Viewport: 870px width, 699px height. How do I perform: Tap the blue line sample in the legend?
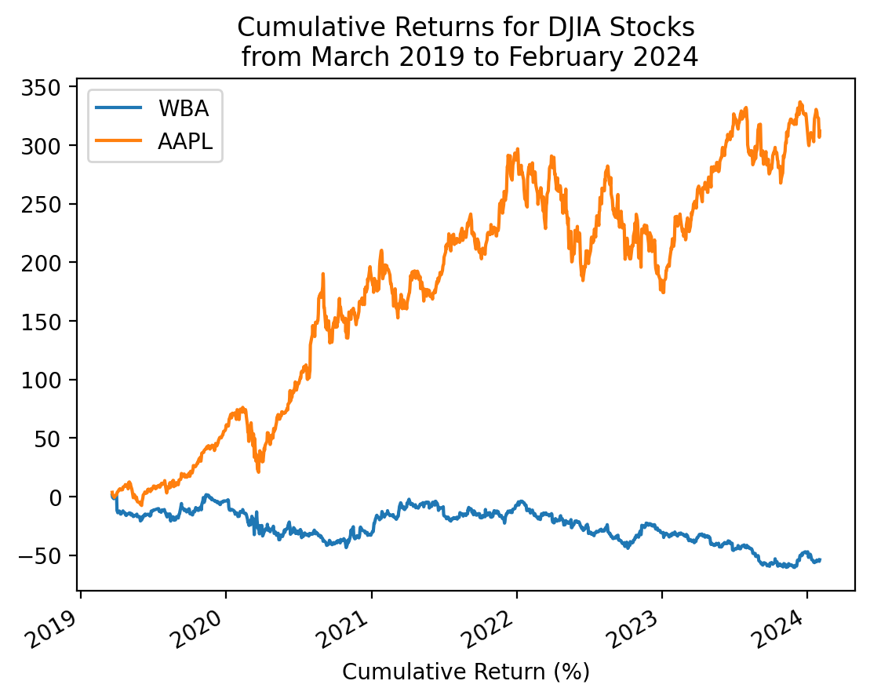(118, 106)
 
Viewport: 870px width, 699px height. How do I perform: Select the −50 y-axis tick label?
(47, 555)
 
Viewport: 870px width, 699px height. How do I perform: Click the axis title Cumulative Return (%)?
(466, 672)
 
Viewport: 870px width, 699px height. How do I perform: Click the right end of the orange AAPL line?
(820, 135)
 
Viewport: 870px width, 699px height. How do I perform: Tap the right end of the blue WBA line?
(820, 559)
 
